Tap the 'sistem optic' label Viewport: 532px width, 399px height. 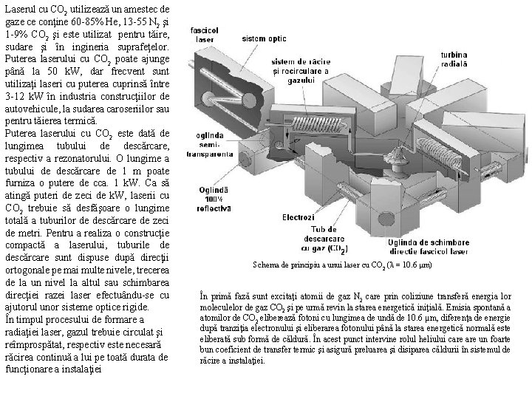(x=264, y=38)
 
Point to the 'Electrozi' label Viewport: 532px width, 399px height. (x=298, y=217)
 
